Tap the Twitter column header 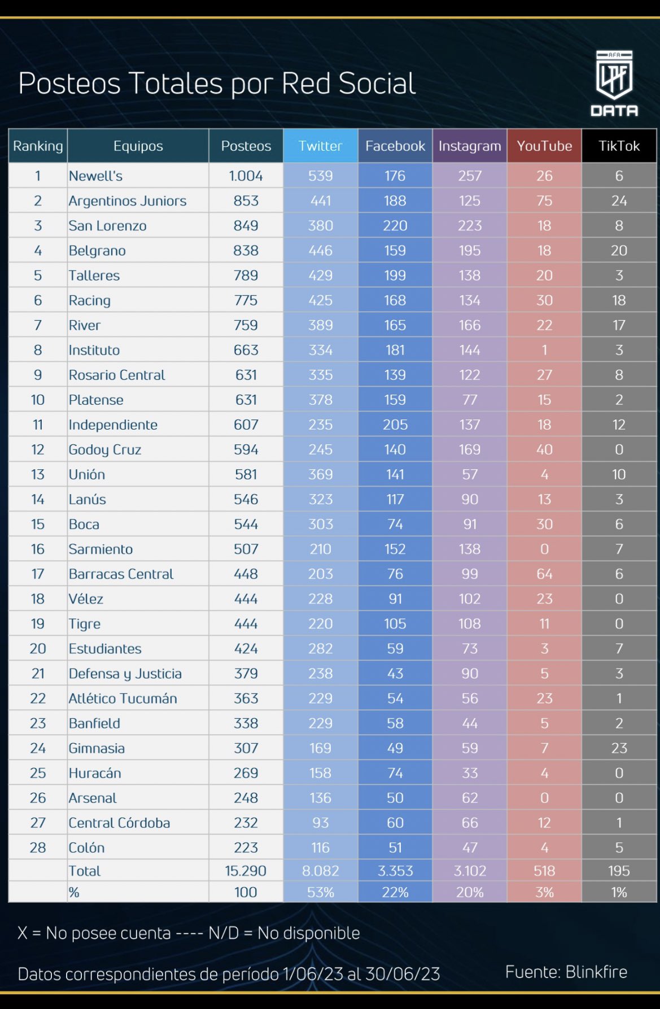point(320,146)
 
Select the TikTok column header point(619,146)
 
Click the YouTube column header point(544,146)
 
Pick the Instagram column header point(470,146)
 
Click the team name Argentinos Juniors point(127,201)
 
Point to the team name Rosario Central point(116,375)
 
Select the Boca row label point(84,525)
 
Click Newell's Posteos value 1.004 point(246,176)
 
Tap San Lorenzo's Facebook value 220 point(395,226)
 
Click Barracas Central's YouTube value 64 point(544,574)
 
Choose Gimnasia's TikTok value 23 point(619,748)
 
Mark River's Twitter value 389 point(320,325)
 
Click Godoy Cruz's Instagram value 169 point(470,450)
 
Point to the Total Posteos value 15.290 point(246,871)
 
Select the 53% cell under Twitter point(320,893)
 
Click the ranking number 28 point(38,848)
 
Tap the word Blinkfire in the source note point(596,972)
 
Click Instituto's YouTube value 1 point(544,350)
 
